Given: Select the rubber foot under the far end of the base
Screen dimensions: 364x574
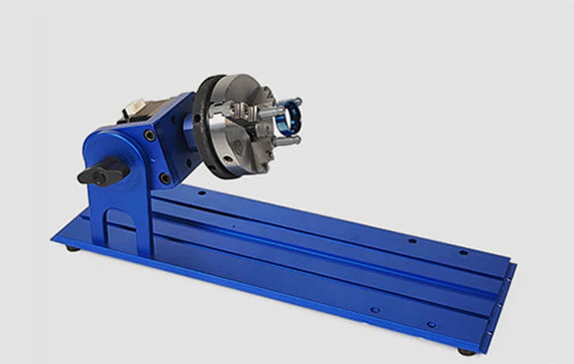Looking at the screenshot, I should pos(466,351).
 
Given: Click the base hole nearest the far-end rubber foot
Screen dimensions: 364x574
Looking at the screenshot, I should pos(430,325).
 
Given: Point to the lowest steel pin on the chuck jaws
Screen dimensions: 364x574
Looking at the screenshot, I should pos(286,141).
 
